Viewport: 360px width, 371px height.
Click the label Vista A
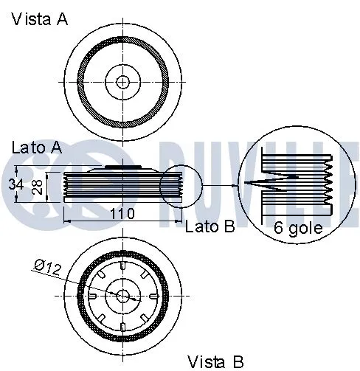click(x=39, y=19)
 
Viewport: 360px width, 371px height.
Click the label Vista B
click(x=215, y=361)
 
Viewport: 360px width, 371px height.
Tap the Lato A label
click(x=36, y=147)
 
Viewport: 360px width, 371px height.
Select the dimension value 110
click(x=121, y=214)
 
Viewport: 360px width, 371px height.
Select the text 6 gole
click(x=297, y=228)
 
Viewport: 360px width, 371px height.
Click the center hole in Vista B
click(x=122, y=295)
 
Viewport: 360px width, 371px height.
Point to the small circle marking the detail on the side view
click(x=181, y=187)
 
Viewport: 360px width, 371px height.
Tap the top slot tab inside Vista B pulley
click(x=122, y=266)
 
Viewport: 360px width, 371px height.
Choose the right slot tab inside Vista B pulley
click(x=152, y=295)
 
